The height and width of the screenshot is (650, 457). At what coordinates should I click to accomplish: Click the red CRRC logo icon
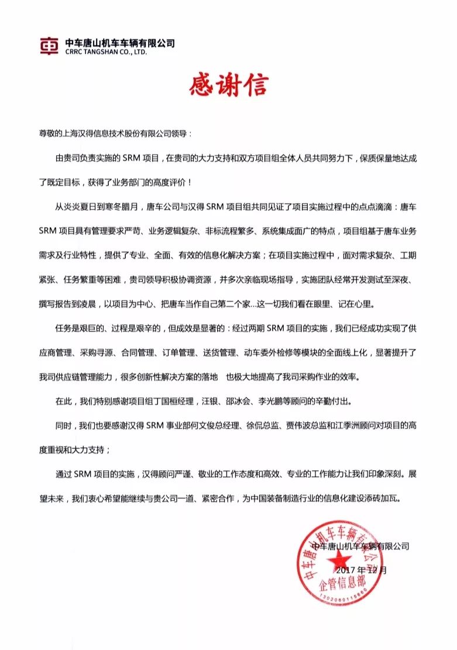tap(49, 46)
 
